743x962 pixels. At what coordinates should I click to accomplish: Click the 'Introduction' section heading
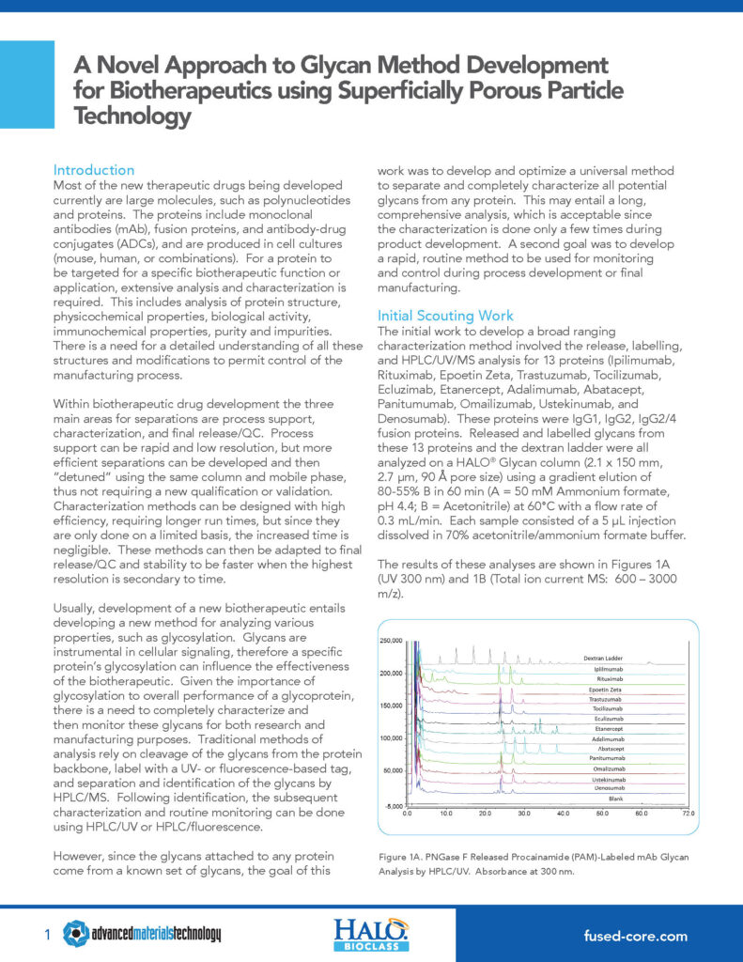tap(94, 170)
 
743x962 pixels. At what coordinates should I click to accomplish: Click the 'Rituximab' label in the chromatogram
tap(612, 678)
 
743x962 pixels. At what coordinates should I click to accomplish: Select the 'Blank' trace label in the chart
tap(616, 797)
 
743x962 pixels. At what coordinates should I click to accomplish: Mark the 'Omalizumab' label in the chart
tap(610, 768)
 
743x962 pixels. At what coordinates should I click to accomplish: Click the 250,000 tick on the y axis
tap(391, 640)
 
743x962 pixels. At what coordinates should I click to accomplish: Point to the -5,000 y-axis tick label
tap(394, 806)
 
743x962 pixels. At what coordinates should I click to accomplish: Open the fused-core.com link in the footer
tap(635, 936)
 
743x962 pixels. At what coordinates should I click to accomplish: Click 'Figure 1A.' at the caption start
tap(401, 857)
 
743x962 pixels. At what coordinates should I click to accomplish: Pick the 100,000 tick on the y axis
tap(391, 737)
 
